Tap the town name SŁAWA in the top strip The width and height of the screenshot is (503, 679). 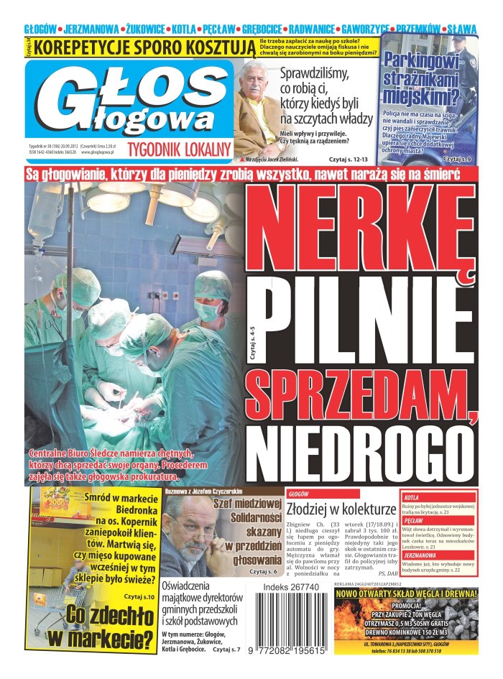point(462,29)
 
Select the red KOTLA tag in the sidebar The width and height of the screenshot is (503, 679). point(412,496)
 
